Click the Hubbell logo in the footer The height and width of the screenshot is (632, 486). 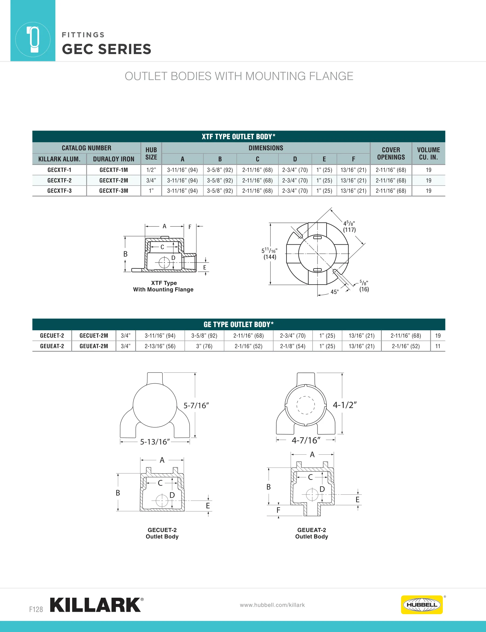422,604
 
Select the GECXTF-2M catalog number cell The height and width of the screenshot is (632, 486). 114,181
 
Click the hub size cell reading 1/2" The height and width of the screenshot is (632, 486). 151,170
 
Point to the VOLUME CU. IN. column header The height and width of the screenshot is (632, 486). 428,154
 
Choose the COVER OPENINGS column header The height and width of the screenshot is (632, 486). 391,154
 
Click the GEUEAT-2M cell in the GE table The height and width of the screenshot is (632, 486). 94,346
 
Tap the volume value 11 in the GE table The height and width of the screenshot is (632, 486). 438,346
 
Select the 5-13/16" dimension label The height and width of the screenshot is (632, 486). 155,442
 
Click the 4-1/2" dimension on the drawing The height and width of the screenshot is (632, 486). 345,405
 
